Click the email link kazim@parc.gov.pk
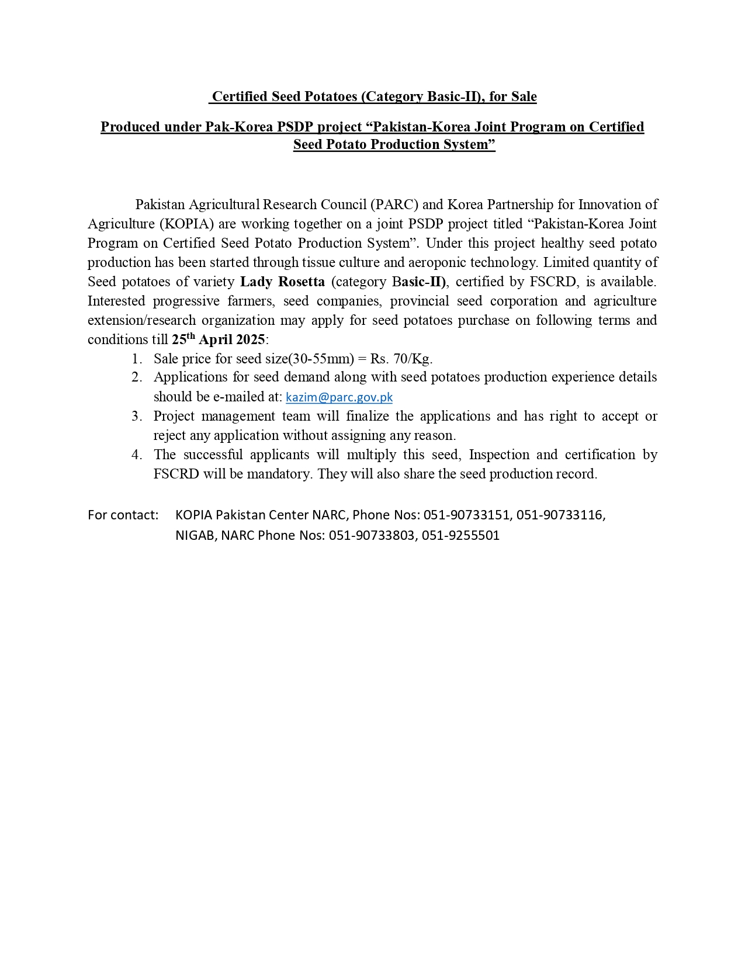click(339, 397)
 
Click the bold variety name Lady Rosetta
click(282, 282)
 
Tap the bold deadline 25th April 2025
click(218, 339)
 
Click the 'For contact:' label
click(123, 515)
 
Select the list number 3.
click(136, 417)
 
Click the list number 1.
click(136, 359)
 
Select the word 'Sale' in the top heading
click(524, 96)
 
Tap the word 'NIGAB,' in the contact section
click(196, 536)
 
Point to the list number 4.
click(136, 455)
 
